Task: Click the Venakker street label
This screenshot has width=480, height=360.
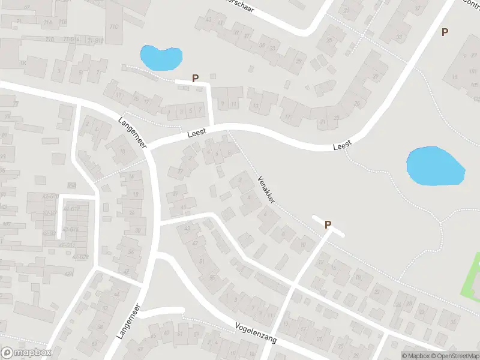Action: click(266, 190)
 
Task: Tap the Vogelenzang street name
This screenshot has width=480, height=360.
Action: click(256, 332)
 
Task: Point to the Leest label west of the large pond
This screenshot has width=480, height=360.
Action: click(342, 146)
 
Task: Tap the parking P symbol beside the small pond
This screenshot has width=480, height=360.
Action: click(195, 78)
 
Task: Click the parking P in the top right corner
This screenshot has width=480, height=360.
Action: click(445, 32)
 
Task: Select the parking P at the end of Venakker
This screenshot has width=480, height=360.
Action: click(328, 225)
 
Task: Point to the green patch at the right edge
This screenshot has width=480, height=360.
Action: click(472, 275)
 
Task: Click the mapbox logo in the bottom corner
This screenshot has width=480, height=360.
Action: click(26, 353)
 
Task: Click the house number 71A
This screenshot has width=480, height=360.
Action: click(47, 22)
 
